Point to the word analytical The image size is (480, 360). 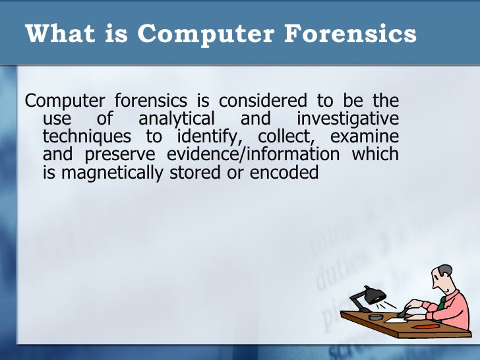(x=177, y=119)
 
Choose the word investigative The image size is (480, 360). (x=347, y=119)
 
